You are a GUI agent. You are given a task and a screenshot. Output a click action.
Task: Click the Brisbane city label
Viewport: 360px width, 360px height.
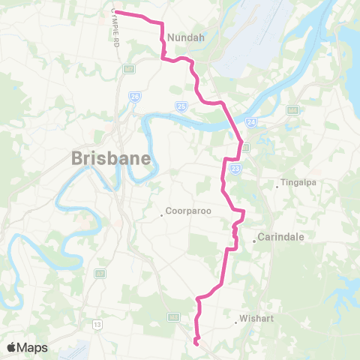click(x=112, y=158)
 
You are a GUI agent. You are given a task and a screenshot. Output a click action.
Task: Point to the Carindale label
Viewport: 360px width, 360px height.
click(x=280, y=237)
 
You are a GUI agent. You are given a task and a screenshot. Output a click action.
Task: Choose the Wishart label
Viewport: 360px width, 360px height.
click(x=257, y=317)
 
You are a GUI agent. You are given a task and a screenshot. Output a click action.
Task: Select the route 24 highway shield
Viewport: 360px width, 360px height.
click(x=250, y=121)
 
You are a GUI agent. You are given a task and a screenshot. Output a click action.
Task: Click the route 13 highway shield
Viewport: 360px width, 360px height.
click(x=97, y=324)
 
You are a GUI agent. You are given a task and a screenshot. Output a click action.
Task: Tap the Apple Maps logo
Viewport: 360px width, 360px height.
click(x=26, y=347)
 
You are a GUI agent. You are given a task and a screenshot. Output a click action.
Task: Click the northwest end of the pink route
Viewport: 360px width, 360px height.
click(x=115, y=12)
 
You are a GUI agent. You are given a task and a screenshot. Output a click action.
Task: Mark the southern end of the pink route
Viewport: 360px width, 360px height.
click(x=196, y=343)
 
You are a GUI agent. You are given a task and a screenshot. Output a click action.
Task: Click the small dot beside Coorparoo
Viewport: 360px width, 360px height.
click(x=162, y=216)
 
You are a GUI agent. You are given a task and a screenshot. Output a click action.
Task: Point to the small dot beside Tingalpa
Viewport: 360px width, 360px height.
click(x=277, y=187)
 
